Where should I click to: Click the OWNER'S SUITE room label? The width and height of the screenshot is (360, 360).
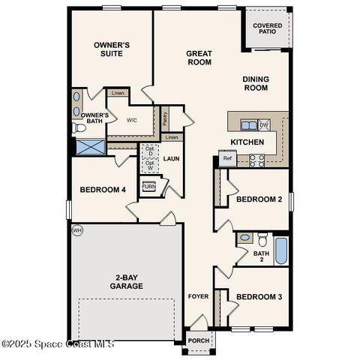pos(112,49)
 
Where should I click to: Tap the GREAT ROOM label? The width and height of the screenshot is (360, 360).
pos(199,58)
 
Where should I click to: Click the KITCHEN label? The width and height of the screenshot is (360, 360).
pos(247,142)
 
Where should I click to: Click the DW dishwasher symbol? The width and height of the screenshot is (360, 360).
pos(264,125)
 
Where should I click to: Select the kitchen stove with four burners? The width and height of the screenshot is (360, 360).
pos(257,158)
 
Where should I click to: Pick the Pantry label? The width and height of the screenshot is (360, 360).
pos(164,118)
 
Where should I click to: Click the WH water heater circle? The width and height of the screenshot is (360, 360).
pos(76,230)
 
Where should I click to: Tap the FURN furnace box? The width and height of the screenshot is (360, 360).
pos(148,187)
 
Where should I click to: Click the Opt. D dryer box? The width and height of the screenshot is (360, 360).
pos(149,150)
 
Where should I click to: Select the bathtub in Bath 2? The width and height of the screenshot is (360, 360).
pos(280,250)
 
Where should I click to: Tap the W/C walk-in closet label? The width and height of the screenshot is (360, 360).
pos(131,120)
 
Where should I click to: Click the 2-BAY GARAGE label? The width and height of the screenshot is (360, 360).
pos(126,282)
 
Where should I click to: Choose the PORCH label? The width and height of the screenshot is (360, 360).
pos(199,340)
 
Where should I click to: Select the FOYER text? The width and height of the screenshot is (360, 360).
pos(198,296)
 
